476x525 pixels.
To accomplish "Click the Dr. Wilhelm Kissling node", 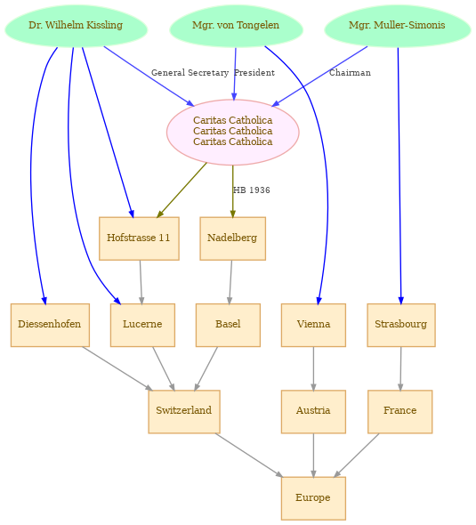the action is pyautogui.click(x=76, y=26).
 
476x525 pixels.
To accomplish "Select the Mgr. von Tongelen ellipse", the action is pyautogui.click(x=236, y=26).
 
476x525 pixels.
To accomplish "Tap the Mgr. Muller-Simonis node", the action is pyautogui.click(x=398, y=26).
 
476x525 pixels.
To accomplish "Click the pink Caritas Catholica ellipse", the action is pyautogui.click(x=232, y=132).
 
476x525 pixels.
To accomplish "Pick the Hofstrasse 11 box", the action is pyautogui.click(x=139, y=238).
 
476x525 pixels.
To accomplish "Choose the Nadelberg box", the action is pyautogui.click(x=232, y=238).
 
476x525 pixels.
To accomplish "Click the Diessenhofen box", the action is pyautogui.click(x=50, y=325).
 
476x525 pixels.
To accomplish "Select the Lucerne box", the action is pyautogui.click(x=142, y=325).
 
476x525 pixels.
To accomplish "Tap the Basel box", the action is pyautogui.click(x=228, y=325).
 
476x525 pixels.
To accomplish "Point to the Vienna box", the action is pyautogui.click(x=313, y=325).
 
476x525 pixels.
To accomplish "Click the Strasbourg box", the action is pyautogui.click(x=401, y=325).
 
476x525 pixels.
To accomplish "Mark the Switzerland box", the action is pyautogui.click(x=184, y=411).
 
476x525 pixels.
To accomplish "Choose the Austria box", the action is pyautogui.click(x=313, y=411).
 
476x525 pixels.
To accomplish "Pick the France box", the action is pyautogui.click(x=400, y=411).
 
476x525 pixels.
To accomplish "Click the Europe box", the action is pyautogui.click(x=313, y=498).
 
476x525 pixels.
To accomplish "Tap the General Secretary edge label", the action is pyautogui.click(x=190, y=73).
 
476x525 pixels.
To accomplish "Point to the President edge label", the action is pyautogui.click(x=254, y=73).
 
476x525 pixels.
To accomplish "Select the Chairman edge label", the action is pyautogui.click(x=350, y=73).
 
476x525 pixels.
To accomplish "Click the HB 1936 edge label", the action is pyautogui.click(x=252, y=190).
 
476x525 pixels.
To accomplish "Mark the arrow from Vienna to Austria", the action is pyautogui.click(x=313, y=368).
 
